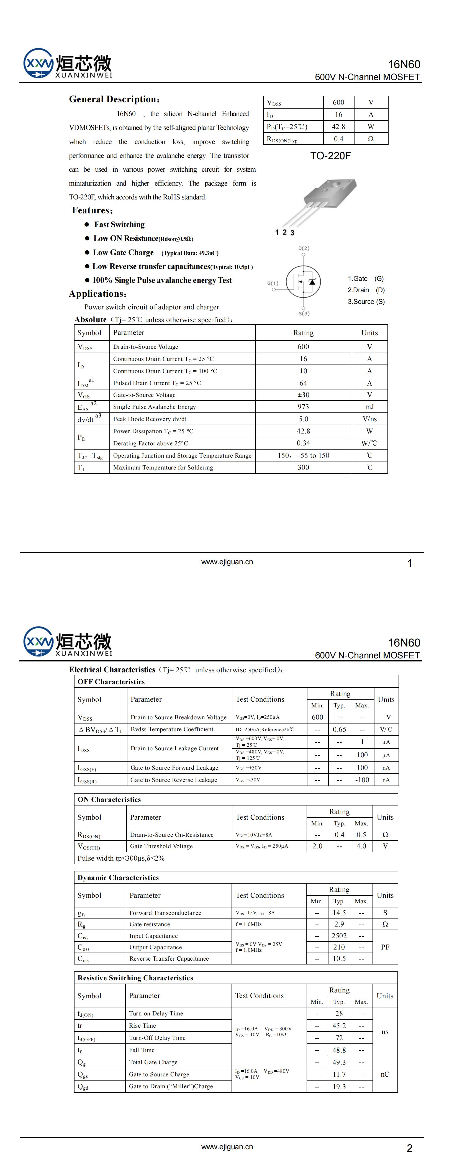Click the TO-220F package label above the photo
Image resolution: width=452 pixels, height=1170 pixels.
click(x=330, y=156)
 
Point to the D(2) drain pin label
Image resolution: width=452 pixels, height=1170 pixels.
click(x=304, y=248)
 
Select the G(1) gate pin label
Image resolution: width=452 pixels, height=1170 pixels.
click(x=273, y=283)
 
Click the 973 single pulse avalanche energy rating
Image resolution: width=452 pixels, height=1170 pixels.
click(x=303, y=407)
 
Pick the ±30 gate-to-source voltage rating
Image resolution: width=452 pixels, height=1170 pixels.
click(x=303, y=395)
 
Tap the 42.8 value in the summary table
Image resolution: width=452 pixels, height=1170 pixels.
click(x=338, y=127)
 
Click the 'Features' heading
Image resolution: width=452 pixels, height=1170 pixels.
click(x=92, y=210)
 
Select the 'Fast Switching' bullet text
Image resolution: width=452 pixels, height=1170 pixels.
click(x=119, y=224)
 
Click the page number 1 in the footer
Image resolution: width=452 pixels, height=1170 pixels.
click(x=409, y=563)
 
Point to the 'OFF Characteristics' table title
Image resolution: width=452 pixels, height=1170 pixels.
click(x=111, y=682)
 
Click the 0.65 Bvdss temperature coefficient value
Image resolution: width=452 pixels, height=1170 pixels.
click(x=339, y=729)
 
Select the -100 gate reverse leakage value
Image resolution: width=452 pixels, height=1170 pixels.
click(x=362, y=780)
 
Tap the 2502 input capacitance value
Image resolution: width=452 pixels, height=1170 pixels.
click(x=339, y=936)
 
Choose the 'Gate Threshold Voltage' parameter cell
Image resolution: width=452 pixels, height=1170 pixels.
click(x=161, y=846)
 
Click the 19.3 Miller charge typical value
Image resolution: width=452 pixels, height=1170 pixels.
click(x=339, y=1086)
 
